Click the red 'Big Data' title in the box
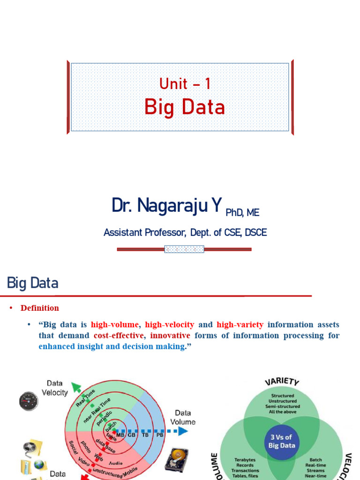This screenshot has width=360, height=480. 185,107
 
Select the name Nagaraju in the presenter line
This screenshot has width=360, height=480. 174,206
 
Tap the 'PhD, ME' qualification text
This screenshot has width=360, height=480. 242,213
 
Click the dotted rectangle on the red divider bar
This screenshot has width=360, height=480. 184,249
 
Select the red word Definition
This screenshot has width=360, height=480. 40,308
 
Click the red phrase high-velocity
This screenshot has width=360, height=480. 169,324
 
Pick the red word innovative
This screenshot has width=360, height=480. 170,336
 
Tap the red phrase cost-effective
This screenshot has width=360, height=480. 118,336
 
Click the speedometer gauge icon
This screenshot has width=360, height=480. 29,401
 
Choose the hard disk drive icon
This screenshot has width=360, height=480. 177,459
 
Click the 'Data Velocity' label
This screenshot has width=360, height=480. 55,388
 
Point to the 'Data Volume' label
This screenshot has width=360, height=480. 182,417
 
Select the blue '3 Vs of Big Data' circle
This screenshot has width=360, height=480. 281,442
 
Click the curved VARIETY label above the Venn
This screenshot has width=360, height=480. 282,381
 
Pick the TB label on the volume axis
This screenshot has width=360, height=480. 146,435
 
